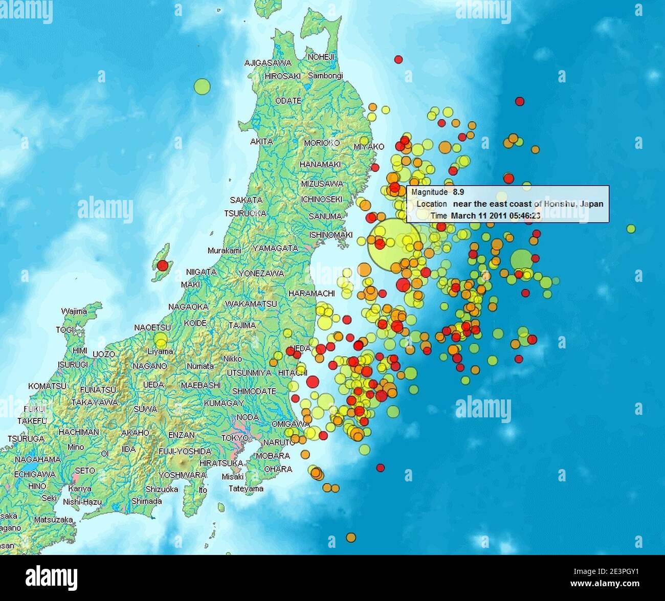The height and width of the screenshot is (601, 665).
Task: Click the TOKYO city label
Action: (234, 438)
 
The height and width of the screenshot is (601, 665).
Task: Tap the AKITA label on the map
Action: (261, 142)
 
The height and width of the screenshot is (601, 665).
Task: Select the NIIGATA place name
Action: (201, 272)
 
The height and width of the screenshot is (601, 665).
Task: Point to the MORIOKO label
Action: (322, 143)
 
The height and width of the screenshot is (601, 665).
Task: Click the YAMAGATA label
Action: (275, 248)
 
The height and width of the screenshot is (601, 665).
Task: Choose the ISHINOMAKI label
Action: (331, 235)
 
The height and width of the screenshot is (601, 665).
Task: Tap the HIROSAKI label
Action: (282, 76)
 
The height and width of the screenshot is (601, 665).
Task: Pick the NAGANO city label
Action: (150, 366)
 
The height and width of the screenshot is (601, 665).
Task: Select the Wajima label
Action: (74, 311)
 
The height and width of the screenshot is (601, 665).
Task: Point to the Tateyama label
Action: (246, 488)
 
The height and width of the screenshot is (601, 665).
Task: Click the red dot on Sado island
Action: (162, 265)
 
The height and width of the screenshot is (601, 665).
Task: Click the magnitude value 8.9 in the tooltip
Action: (458, 192)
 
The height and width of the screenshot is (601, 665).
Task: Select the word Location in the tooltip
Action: (431, 204)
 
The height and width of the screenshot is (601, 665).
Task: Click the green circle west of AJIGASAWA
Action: (202, 86)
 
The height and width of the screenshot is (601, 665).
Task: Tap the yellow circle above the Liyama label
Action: (161, 340)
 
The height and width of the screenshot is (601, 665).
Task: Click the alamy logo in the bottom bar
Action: (52, 578)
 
